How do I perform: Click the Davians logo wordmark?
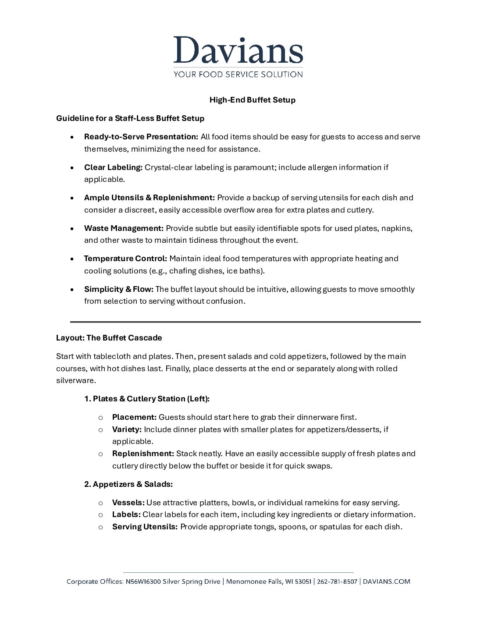click(238, 50)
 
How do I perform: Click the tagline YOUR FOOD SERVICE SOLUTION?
click(238, 74)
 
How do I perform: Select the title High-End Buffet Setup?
click(252, 100)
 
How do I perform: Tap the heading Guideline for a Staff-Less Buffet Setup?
click(130, 118)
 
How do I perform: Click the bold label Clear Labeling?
click(114, 167)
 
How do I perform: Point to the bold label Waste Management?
click(124, 228)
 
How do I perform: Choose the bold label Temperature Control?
click(125, 259)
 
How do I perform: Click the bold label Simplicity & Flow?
click(118, 289)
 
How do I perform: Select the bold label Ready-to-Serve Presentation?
click(141, 137)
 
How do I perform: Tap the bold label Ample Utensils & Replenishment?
click(150, 198)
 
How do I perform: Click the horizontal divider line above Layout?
click(246, 322)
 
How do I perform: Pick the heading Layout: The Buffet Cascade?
click(109, 338)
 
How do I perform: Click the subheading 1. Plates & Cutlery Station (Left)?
click(147, 399)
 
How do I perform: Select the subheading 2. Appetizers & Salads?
click(128, 484)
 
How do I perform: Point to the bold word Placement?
click(134, 417)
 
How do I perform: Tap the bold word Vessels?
click(128, 503)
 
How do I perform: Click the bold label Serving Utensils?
click(145, 527)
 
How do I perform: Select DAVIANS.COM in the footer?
click(387, 582)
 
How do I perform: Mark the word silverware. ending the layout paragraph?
click(76, 381)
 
